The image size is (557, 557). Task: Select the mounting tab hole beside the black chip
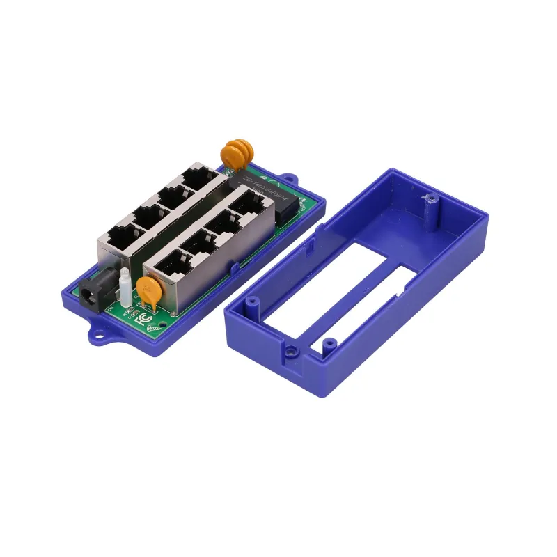pos(290,183)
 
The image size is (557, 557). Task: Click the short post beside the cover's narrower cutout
pos(331,342)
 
